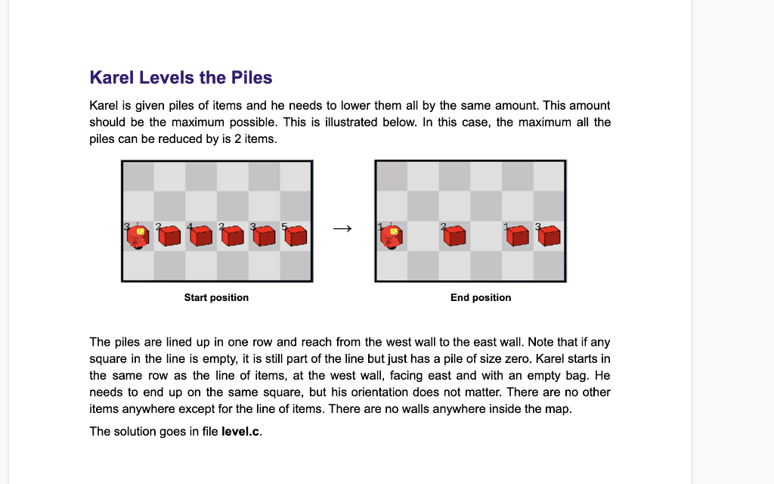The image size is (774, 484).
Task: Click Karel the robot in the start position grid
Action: point(138,237)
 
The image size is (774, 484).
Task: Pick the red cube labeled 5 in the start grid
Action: point(296,237)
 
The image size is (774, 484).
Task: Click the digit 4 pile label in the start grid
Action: point(189,226)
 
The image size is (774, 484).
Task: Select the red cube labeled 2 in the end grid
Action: point(454,237)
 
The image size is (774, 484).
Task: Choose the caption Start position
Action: point(216,298)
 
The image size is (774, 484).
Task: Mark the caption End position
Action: point(481,298)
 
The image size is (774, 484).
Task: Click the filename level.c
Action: point(240,432)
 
